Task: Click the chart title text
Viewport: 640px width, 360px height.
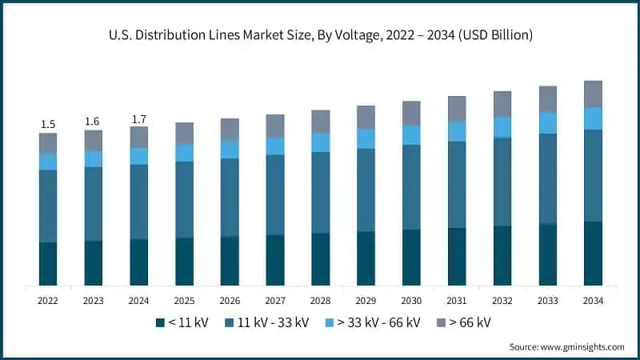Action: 320,36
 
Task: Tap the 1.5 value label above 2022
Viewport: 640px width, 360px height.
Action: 48,124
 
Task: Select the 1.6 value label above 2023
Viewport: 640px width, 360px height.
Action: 94,121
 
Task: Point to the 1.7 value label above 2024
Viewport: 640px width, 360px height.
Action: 139,119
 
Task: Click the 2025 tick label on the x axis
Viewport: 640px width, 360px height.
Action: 184,301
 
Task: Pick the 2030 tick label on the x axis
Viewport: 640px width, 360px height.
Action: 411,301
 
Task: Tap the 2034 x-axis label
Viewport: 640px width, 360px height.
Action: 593,301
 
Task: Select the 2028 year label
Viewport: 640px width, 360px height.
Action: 320,301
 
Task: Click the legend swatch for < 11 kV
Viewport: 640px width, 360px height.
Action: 160,322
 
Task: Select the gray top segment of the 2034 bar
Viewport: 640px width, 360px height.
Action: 593,94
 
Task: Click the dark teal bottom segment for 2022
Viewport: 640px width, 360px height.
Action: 48,263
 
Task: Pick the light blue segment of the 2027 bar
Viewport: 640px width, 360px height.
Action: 275,146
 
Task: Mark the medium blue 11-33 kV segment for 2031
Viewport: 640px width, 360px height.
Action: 457,185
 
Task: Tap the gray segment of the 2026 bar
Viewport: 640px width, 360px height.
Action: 230,130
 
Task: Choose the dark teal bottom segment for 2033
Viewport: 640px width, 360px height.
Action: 547,254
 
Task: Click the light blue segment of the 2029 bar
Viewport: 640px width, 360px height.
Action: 366,138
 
